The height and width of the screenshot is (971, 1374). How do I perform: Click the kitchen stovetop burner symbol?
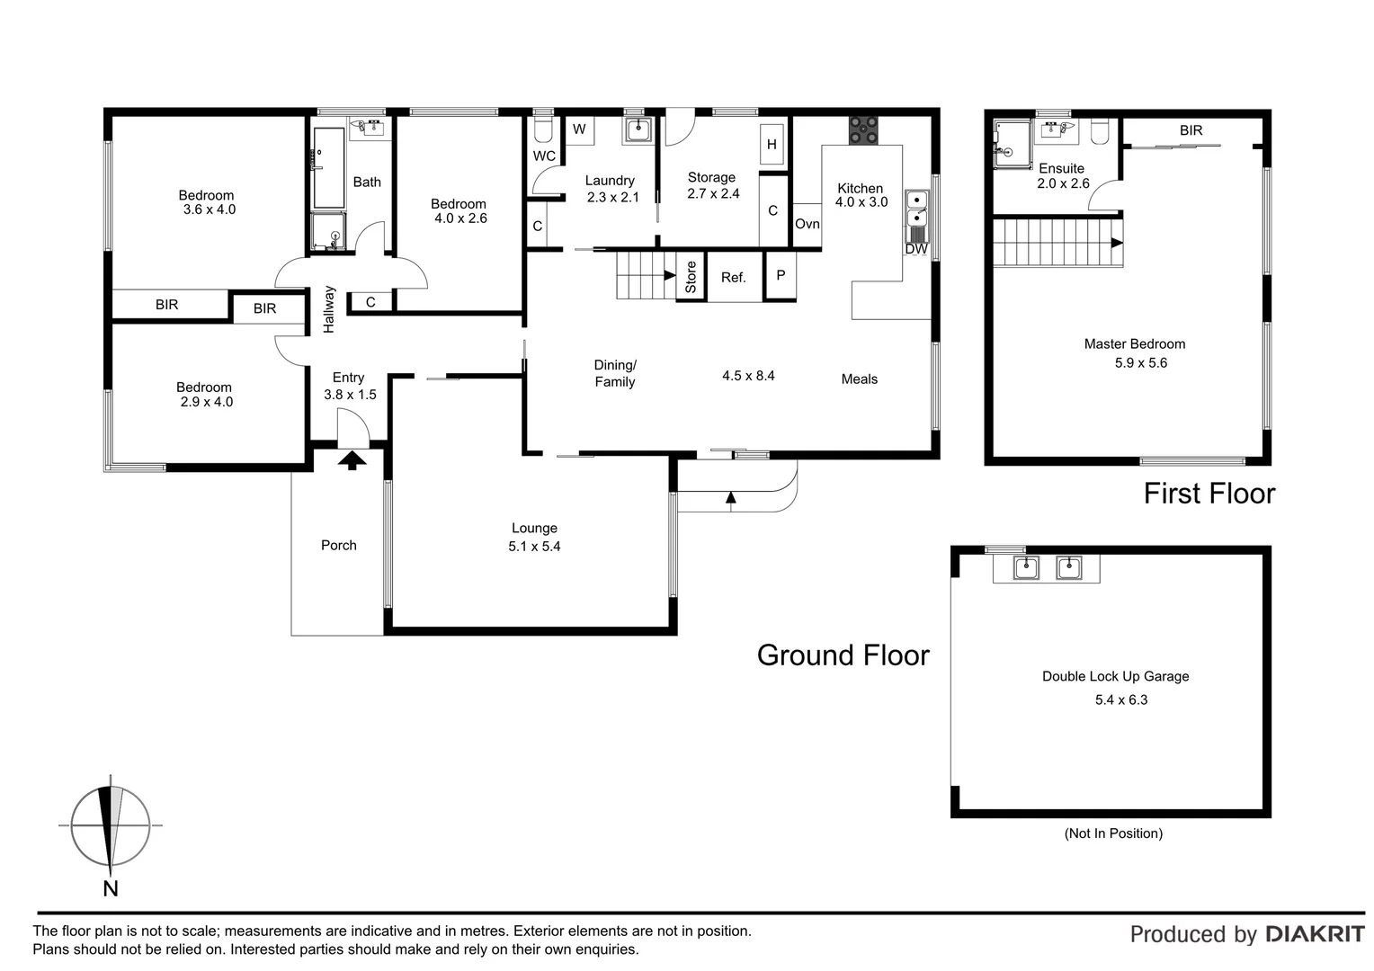(x=864, y=130)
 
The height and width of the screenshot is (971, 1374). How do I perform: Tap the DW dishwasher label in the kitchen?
(x=916, y=249)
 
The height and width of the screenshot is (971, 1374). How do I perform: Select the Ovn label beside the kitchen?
(x=807, y=224)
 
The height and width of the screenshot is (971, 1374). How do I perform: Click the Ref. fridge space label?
(x=734, y=278)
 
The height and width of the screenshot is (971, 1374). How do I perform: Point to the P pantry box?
(x=780, y=275)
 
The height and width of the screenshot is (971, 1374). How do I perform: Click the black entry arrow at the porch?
(x=352, y=460)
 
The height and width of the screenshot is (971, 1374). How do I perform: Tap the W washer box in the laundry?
(x=579, y=129)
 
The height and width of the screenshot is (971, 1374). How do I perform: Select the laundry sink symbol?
(x=638, y=130)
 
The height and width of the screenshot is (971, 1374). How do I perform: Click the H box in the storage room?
(x=772, y=144)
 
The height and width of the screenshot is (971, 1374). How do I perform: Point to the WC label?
(x=544, y=156)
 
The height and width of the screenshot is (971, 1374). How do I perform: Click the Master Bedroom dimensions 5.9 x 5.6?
(x=1140, y=363)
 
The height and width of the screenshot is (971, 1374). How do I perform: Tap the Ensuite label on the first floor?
(x=1061, y=168)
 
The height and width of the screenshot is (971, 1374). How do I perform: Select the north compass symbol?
(x=110, y=825)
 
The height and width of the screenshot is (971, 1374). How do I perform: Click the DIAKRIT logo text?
(x=1315, y=934)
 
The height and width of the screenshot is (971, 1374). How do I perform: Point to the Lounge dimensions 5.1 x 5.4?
(x=534, y=547)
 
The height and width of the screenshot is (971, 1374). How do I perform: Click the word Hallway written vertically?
(x=329, y=309)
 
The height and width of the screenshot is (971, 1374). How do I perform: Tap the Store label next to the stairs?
(x=691, y=277)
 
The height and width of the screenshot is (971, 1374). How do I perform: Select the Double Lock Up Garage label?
(x=1115, y=676)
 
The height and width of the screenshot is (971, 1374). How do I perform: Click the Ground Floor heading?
(x=843, y=655)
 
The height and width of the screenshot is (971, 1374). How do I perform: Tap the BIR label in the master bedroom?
(x=1191, y=130)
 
